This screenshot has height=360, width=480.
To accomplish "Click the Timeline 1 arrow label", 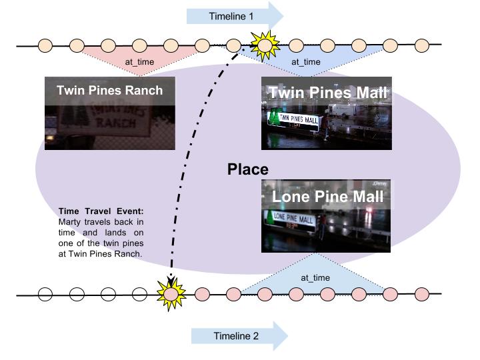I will tap(231, 16).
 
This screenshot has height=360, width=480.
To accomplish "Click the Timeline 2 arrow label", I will tap(235, 336).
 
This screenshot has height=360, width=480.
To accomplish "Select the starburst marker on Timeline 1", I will tap(264, 45).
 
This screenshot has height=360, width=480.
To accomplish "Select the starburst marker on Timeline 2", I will tap(171, 293).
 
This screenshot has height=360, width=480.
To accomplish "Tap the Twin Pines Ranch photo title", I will tap(109, 91).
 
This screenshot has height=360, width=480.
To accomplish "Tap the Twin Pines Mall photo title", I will tap(327, 93).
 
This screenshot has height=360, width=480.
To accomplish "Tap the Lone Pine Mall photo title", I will tap(327, 197).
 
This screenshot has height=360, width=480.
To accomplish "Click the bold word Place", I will tap(247, 169).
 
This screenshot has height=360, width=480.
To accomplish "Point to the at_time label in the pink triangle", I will tap(139, 63).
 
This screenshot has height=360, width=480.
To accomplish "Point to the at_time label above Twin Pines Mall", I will tap(306, 63).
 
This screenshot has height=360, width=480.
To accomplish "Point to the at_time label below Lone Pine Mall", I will tap(315, 277).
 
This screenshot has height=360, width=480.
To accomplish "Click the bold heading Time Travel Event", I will tap(101, 211).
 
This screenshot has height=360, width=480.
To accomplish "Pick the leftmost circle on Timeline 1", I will tap(45, 46).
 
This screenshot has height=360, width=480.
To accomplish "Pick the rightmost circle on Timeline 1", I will tap(421, 46).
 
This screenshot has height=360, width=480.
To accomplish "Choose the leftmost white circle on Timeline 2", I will tap(45, 293).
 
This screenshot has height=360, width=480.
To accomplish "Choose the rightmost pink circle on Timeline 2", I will tap(421, 293).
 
